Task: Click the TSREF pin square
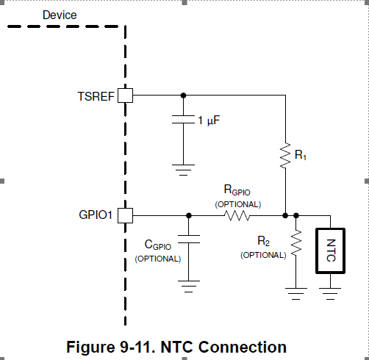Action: pyautogui.click(x=125, y=96)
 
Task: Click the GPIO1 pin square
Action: pyautogui.click(x=125, y=215)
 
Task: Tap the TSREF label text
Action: pyautogui.click(x=96, y=96)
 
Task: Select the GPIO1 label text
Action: pyautogui.click(x=96, y=215)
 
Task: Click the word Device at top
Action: pyautogui.click(x=60, y=15)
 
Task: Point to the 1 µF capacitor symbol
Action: pyautogui.click(x=183, y=119)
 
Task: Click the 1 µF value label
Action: pyautogui.click(x=209, y=120)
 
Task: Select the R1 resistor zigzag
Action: pyautogui.click(x=285, y=156)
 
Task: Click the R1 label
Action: pyautogui.click(x=301, y=155)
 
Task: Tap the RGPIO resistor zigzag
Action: pyautogui.click(x=237, y=215)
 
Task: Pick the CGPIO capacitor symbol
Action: pyautogui.click(x=189, y=240)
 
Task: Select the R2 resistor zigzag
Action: pyautogui.click(x=296, y=243)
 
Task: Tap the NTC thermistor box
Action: pyautogui.click(x=331, y=251)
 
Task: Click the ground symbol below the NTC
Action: pyautogui.click(x=330, y=294)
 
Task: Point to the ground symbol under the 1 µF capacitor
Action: pyautogui.click(x=183, y=170)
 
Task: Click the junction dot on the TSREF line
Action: pyautogui.click(x=183, y=96)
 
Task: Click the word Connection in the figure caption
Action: pyautogui.click(x=243, y=347)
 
